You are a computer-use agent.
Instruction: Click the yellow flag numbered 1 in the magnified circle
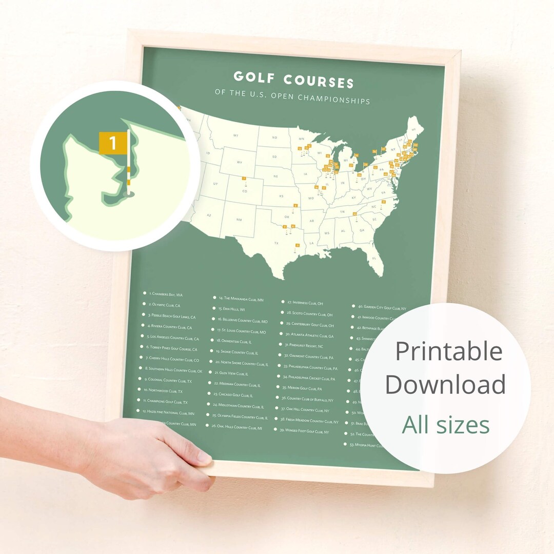112,143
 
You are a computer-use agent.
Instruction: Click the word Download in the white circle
445,385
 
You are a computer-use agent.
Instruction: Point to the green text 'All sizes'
445,425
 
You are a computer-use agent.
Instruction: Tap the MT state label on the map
235,135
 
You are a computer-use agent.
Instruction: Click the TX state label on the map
276,243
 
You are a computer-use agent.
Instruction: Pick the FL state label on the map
374,258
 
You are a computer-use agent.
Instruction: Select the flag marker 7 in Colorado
244,179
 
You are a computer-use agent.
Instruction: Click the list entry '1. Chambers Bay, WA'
166,294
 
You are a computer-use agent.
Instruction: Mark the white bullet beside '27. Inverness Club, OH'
283,302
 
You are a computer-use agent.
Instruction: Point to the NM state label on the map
239,220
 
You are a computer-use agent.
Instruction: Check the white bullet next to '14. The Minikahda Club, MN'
215,297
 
